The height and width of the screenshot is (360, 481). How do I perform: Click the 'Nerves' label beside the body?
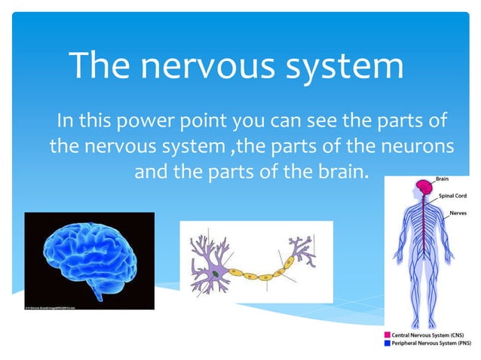[x=457, y=213]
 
